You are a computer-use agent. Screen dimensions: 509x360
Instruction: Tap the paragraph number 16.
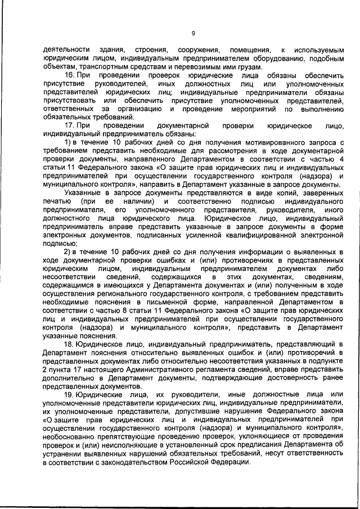70,75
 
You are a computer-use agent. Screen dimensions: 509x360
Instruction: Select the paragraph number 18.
70,344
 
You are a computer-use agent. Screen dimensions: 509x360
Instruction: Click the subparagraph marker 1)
69,143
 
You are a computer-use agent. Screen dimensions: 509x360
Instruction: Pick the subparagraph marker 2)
69,253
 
